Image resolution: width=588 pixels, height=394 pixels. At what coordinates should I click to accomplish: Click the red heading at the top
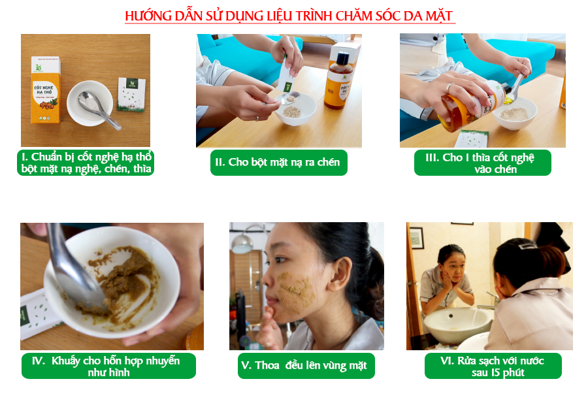[290, 16]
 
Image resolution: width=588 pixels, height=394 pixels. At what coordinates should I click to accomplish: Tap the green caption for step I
[86, 163]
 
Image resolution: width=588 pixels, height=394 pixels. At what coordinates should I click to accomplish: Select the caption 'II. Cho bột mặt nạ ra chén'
[278, 163]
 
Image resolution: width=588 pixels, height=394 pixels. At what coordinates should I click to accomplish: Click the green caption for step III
[483, 163]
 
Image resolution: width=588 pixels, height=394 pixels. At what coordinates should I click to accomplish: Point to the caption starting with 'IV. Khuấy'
[108, 366]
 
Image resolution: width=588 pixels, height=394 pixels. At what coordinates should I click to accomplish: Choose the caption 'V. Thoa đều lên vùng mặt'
[306, 366]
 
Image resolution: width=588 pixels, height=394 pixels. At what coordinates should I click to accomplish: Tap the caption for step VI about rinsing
[493, 366]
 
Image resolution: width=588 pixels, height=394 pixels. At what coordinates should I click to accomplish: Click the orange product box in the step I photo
[45, 90]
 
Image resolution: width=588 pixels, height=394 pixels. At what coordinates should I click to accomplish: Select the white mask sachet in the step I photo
[131, 95]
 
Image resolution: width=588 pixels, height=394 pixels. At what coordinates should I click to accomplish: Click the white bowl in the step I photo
[90, 103]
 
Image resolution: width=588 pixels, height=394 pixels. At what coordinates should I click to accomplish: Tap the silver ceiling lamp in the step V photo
[242, 244]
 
